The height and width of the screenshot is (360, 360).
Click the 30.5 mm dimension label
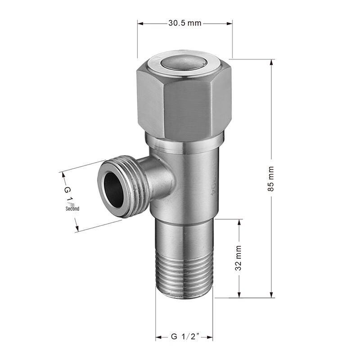[184, 23]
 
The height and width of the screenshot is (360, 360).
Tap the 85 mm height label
[271, 179]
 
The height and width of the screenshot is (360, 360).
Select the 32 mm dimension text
[239, 258]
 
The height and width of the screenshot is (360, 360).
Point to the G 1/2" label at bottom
[184, 337]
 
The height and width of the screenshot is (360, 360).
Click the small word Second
[72, 209]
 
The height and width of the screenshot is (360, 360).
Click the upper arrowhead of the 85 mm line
[272, 63]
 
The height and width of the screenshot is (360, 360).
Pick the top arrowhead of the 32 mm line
[239, 222]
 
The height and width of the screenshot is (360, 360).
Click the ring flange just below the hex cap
[184, 144]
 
